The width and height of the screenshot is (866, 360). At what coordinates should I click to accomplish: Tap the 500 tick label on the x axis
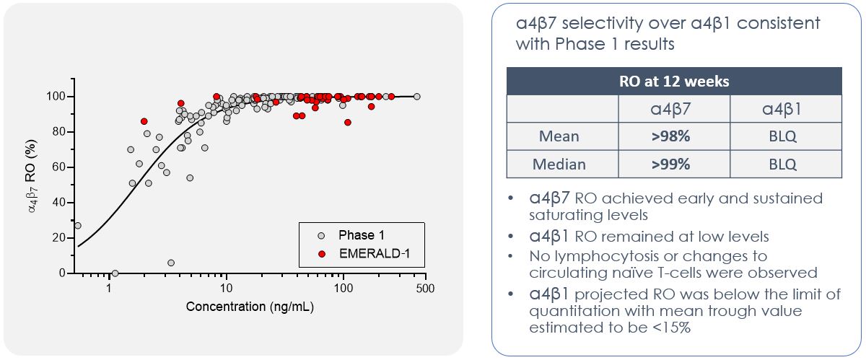[425, 288]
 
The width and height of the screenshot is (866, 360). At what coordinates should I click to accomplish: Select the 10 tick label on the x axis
[226, 288]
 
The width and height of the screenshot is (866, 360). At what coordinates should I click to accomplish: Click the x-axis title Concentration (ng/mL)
[250, 306]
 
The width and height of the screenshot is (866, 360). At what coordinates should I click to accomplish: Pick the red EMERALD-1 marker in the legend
[322, 253]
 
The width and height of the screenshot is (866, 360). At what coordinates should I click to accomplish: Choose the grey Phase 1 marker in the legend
[322, 235]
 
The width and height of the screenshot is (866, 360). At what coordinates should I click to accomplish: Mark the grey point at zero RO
[115, 273]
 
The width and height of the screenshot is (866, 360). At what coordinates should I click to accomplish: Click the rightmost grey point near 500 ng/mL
[416, 97]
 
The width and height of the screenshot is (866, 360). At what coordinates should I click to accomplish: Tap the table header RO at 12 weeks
[673, 81]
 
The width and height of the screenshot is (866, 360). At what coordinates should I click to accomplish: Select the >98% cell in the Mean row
[673, 136]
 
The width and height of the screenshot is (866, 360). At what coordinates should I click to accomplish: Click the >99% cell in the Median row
[673, 164]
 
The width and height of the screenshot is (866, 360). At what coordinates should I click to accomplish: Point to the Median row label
[561, 164]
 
